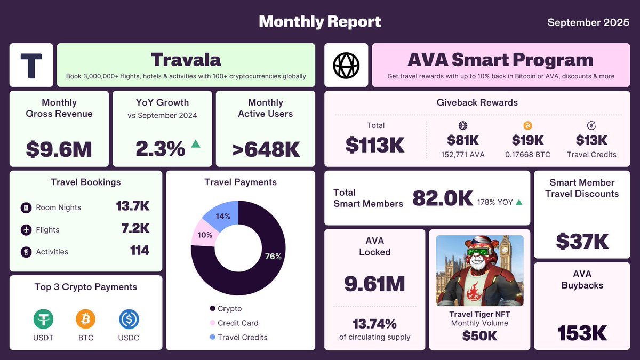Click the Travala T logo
pyautogui.click(x=31, y=65)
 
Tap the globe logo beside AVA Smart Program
pyautogui.click(x=346, y=65)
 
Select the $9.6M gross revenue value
pyautogui.click(x=59, y=149)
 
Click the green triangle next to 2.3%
pyautogui.click(x=196, y=143)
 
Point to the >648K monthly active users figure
pyautogui.click(x=266, y=149)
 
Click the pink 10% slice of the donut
pyautogui.click(x=204, y=235)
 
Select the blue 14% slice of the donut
pyautogui.click(x=223, y=215)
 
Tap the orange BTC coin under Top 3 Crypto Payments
pyautogui.click(x=85, y=319)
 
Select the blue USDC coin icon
pyautogui.click(x=129, y=319)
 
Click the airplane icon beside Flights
pyautogui.click(x=26, y=230)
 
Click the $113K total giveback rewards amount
pyautogui.click(x=375, y=145)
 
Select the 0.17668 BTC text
pyautogui.click(x=527, y=155)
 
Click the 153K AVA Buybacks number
pyautogui.click(x=582, y=333)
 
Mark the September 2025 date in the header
pyautogui.click(x=588, y=22)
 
